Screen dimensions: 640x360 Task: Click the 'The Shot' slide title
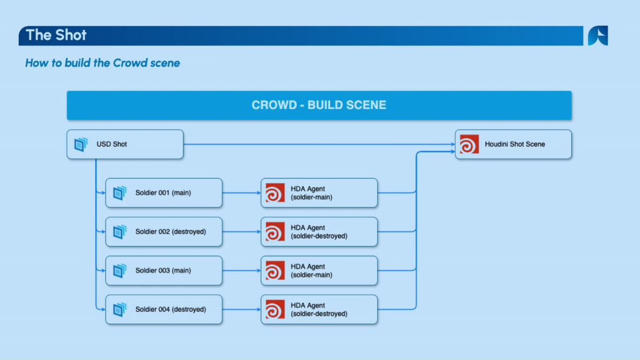56,35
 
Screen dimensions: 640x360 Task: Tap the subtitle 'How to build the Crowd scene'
102,63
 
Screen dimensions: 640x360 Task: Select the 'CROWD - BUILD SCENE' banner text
319,105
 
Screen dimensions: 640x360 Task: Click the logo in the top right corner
598,36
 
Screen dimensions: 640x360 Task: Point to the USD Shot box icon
81,144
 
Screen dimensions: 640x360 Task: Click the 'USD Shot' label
112,144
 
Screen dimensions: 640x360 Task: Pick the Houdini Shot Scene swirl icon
469,144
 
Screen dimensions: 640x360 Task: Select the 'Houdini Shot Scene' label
515,144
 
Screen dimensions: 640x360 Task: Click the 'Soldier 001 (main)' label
163,193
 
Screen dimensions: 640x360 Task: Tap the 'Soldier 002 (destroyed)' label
171,231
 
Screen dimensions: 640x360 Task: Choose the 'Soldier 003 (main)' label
163,270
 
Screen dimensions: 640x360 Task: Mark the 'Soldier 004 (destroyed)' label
171,309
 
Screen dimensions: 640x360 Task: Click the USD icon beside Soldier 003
120,271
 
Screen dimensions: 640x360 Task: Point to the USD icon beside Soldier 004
120,309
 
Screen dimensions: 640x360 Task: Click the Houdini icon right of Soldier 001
275,193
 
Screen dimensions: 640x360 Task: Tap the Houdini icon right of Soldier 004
275,309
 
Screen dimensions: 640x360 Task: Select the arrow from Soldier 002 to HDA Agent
242,232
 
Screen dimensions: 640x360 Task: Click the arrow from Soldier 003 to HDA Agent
242,271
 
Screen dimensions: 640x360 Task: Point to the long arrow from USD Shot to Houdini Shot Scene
319,144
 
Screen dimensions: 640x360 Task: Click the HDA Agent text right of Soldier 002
319,232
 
